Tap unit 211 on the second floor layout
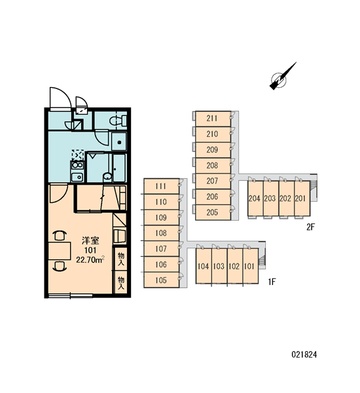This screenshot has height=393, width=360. pos(213,119)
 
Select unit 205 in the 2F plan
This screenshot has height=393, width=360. pos(213,212)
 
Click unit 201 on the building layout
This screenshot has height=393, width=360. pos(302,198)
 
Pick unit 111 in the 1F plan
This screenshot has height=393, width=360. pos(161,186)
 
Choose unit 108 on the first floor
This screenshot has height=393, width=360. pos(161,233)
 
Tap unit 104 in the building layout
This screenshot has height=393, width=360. pos(204,266)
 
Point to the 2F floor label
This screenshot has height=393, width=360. pos(310,227)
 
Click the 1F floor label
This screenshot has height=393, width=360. pos(272,282)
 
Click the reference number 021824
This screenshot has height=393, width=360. pos(304,354)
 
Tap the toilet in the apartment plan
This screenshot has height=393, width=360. pos(118,121)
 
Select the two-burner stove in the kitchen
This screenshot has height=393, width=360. pos(77,166)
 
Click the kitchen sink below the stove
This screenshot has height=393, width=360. pos(77,177)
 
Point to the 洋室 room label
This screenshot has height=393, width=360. pos(90,240)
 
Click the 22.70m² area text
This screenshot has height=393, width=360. pos(90,259)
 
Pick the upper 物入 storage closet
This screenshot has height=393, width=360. pos(120,259)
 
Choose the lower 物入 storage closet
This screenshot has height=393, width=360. pos(120,283)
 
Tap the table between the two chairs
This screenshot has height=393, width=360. pos(60,251)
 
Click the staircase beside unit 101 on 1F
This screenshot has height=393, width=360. pos(262,261)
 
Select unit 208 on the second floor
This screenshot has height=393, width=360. pos(213,166)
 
